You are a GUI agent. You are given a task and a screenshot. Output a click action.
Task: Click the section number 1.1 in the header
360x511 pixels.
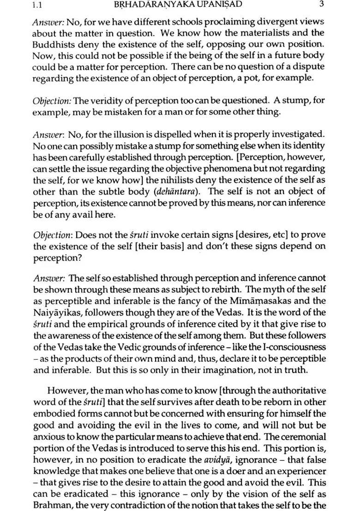coord(38,5)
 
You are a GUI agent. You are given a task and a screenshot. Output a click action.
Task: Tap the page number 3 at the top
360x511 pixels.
coord(321,5)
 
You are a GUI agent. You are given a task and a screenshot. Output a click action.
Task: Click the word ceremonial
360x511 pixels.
coord(302,436)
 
